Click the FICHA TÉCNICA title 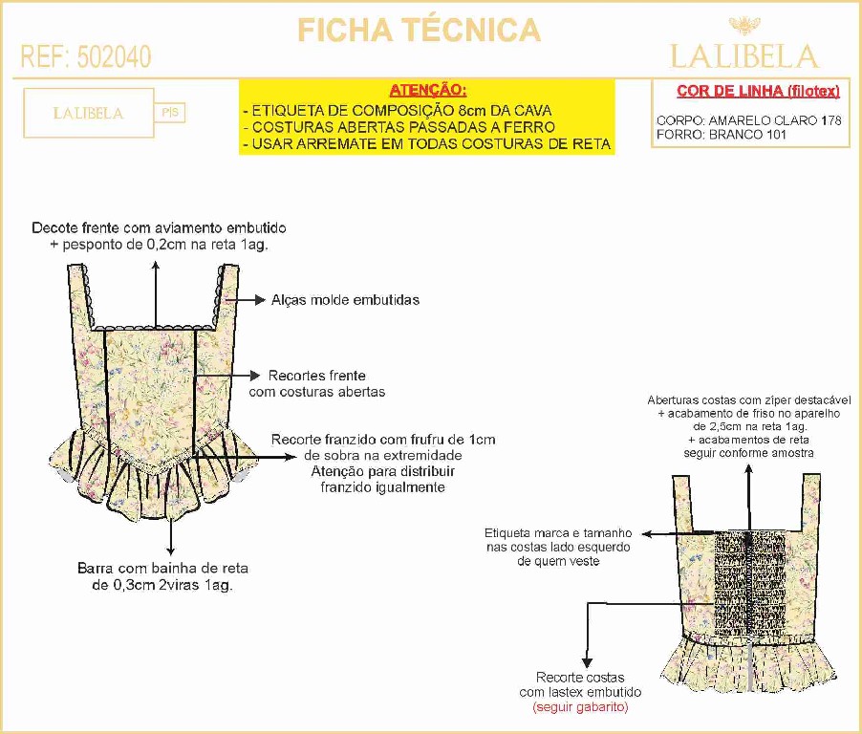click(x=419, y=30)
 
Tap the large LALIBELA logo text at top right click(x=744, y=55)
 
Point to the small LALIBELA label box click(x=88, y=113)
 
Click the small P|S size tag click(x=170, y=113)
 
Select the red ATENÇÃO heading click(x=427, y=90)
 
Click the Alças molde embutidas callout click(x=345, y=299)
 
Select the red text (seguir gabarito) click(x=580, y=707)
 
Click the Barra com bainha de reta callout click(x=162, y=575)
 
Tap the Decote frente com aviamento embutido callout click(x=159, y=236)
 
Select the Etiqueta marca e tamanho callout click(x=558, y=547)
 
